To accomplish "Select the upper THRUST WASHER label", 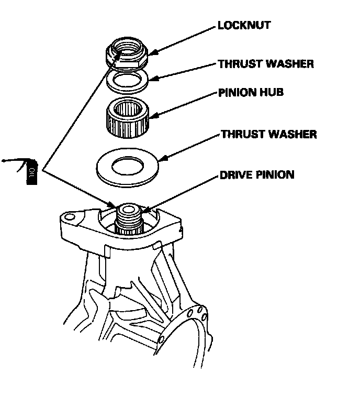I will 266,64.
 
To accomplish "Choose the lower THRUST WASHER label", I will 268,134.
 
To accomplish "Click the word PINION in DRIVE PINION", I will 275,174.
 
